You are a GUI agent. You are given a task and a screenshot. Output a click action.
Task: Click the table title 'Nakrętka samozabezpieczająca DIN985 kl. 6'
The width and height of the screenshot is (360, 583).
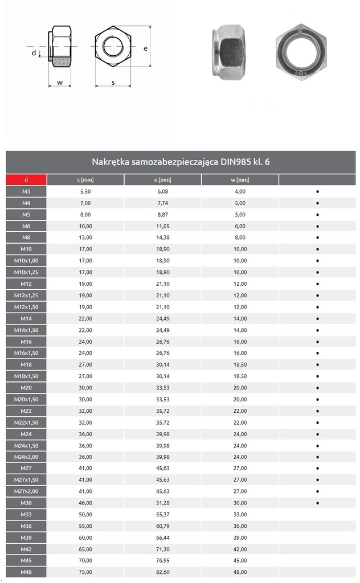pos(181,162)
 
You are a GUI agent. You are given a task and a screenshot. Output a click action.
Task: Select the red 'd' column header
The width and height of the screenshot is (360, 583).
pos(26,180)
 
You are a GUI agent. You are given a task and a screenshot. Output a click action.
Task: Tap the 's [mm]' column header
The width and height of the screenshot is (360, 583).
pos(85,180)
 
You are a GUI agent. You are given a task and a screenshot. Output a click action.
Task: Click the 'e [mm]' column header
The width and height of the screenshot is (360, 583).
pos(162,180)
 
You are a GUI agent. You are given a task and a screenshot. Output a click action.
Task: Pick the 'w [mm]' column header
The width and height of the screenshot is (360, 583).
pos(240,180)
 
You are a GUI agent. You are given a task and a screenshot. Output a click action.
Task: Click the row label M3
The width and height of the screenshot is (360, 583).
pos(26,191)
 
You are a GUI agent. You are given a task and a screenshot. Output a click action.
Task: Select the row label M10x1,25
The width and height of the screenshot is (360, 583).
pos(26,272)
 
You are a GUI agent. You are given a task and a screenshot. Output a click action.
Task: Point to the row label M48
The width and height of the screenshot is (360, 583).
pos(26,572)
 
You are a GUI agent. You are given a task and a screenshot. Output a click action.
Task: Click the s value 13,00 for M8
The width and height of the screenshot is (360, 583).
pos(85,237)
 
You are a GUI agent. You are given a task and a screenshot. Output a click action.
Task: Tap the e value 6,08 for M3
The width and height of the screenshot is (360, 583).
pos(162,191)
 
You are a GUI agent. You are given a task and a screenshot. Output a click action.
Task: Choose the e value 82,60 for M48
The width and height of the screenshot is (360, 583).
pos(162,572)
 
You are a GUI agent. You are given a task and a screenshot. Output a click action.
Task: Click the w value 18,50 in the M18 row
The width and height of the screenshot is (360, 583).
pos(240,364)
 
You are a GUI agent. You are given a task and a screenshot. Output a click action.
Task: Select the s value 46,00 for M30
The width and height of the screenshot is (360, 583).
pos(85,503)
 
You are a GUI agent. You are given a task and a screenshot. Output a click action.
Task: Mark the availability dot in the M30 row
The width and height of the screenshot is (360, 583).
pos(317,503)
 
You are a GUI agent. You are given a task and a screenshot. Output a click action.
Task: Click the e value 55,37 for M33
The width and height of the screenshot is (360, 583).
pos(162,515)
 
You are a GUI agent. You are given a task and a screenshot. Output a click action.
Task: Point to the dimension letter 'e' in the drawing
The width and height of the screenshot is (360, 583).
pos(146,48)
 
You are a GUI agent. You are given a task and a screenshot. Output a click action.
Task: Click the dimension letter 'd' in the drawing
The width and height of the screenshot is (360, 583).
pos(34,53)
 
